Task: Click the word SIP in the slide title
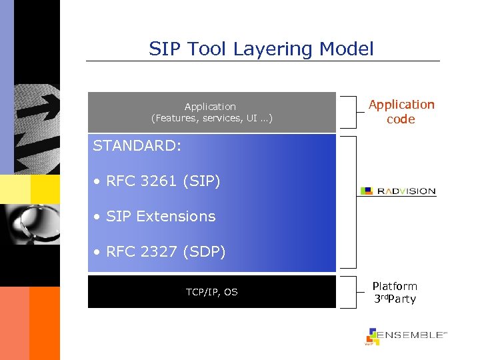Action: tap(164, 49)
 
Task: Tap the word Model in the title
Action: tap(347, 49)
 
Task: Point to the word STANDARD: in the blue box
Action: tap(137, 146)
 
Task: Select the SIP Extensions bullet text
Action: tap(161, 216)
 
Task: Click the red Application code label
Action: tap(401, 112)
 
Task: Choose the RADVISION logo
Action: tap(398, 191)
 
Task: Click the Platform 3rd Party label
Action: tap(394, 292)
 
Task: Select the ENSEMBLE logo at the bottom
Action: tap(405, 335)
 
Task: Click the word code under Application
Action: tap(401, 120)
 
